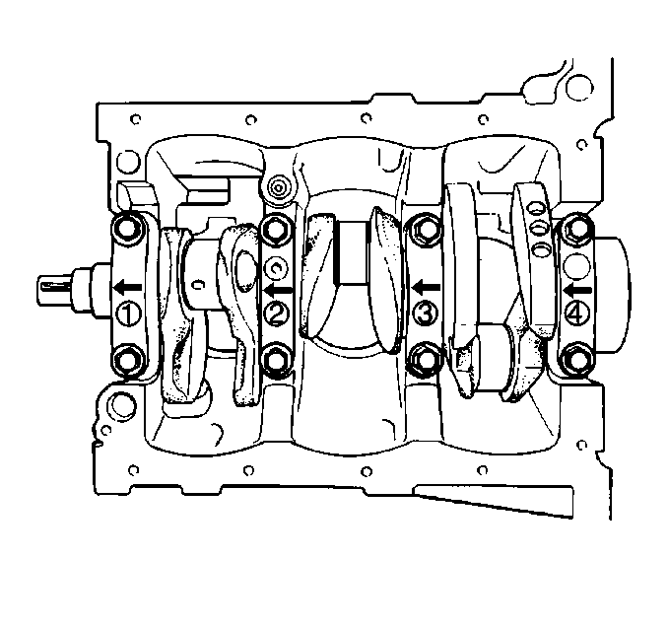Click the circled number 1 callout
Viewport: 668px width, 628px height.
pos(129,314)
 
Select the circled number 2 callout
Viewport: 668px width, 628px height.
pos(277,314)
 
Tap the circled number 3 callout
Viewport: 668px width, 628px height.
pos(426,314)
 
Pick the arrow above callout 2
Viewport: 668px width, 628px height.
pos(278,290)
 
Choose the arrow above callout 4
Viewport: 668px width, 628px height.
pos(577,290)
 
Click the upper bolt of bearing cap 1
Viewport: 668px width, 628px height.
pos(129,231)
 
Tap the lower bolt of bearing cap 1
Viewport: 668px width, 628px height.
pos(129,361)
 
